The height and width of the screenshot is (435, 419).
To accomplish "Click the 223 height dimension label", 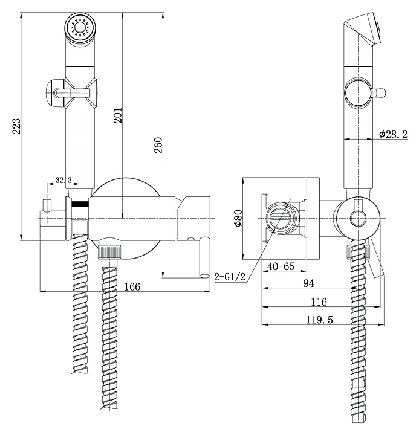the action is [17, 126].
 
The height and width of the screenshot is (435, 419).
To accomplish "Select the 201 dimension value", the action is [118, 115].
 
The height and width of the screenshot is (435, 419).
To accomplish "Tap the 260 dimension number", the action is [158, 145].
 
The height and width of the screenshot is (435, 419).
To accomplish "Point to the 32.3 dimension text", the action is [63, 180].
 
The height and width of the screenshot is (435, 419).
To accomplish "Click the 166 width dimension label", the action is [132, 286].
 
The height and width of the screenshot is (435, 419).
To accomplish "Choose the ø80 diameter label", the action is [238, 218].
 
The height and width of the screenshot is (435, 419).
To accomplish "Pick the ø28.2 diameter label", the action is [393, 134].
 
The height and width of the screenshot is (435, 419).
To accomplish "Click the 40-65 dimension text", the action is [281, 266].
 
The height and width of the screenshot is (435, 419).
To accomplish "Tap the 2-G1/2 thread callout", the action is [230, 277].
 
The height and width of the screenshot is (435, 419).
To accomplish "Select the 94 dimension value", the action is [308, 283].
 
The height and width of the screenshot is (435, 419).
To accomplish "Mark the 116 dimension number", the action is [319, 302].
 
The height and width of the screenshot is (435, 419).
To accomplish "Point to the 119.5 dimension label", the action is [319, 320].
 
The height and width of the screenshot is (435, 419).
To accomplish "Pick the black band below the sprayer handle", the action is [80, 204].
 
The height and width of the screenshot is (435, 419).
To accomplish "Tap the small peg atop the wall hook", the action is [47, 205].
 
